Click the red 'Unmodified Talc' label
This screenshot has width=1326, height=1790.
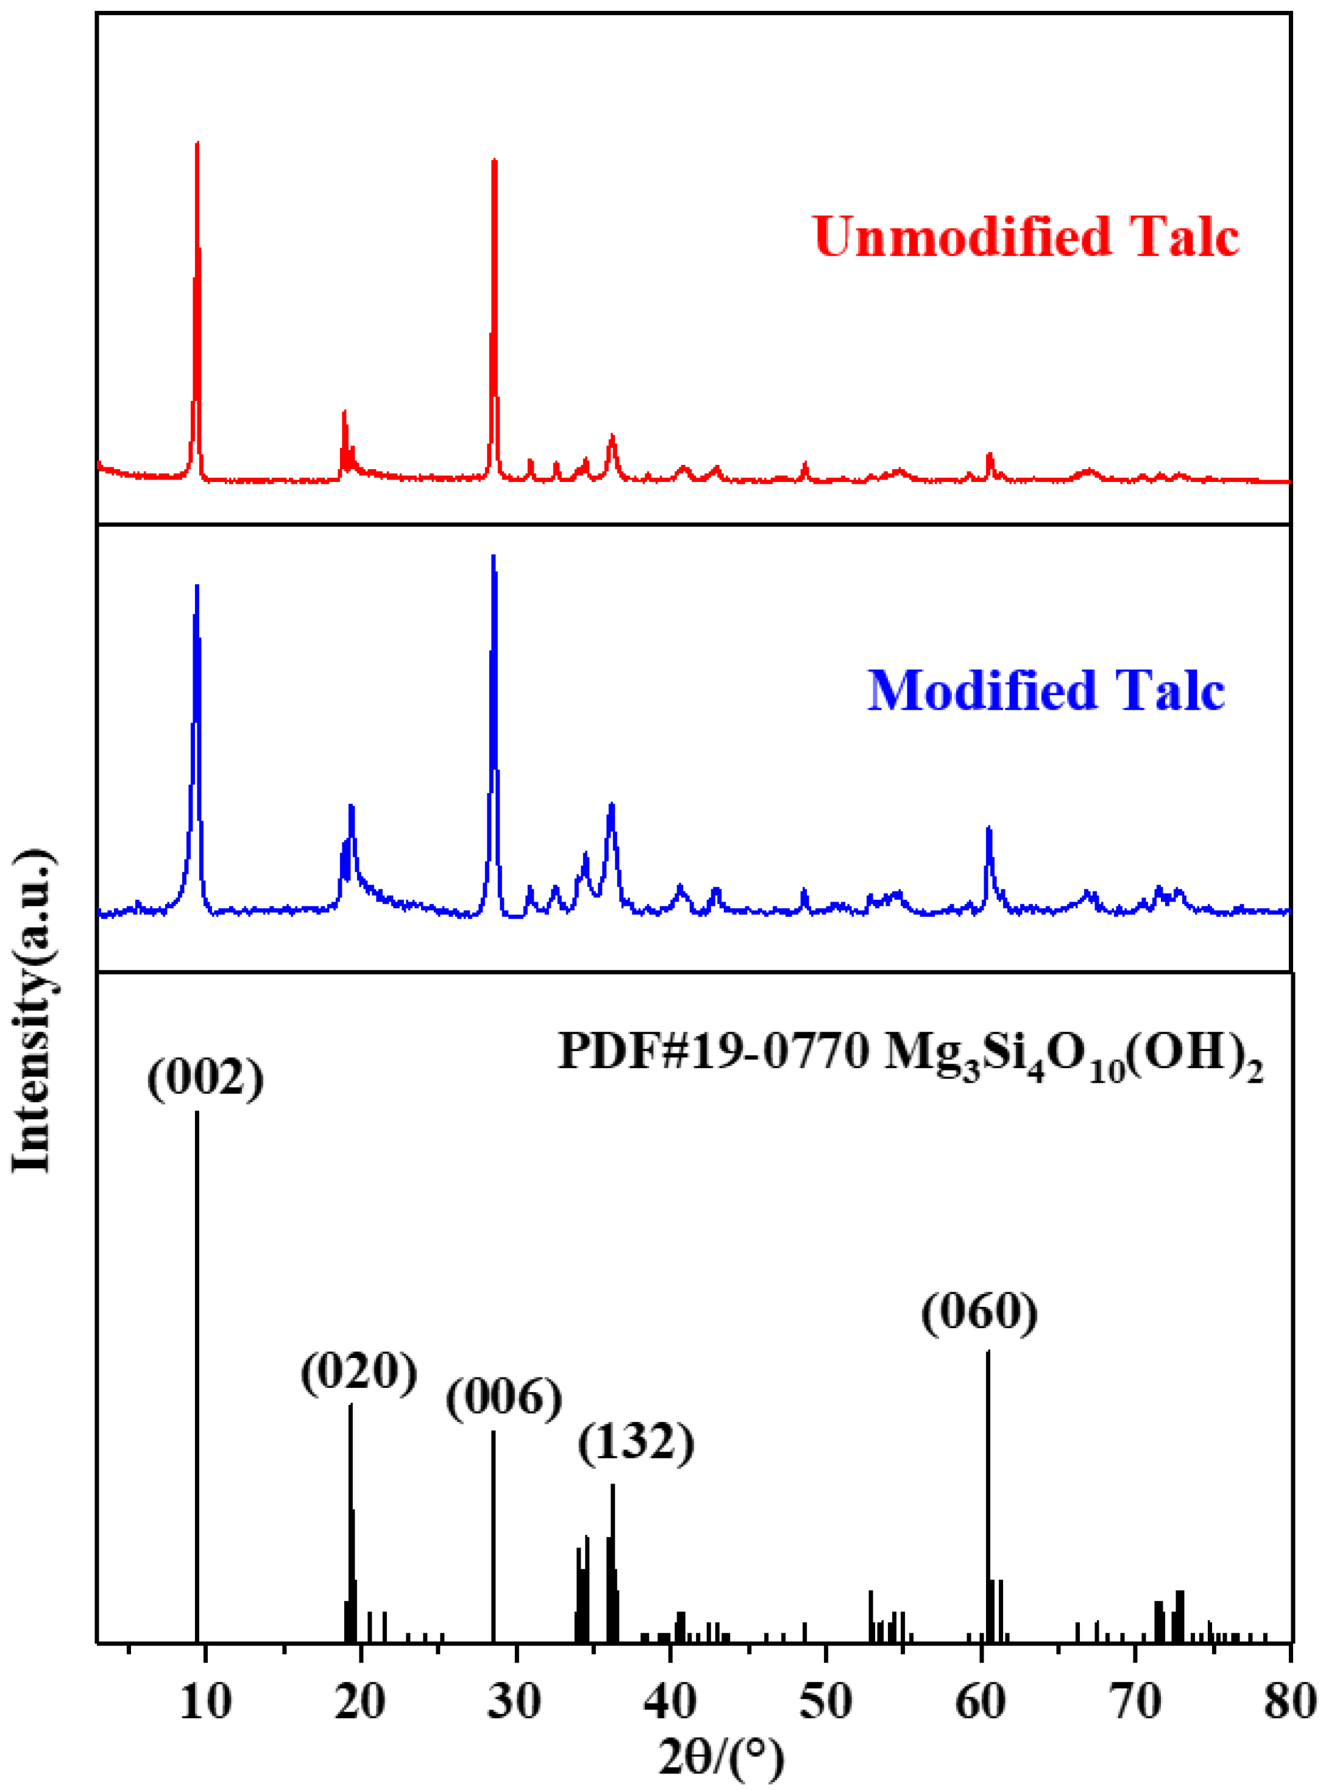pos(1026,236)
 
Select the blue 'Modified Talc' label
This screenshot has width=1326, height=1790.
pos(1046,691)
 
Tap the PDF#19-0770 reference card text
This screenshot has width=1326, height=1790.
pos(909,1052)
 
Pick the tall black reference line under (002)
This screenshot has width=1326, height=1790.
pos(197,1364)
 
